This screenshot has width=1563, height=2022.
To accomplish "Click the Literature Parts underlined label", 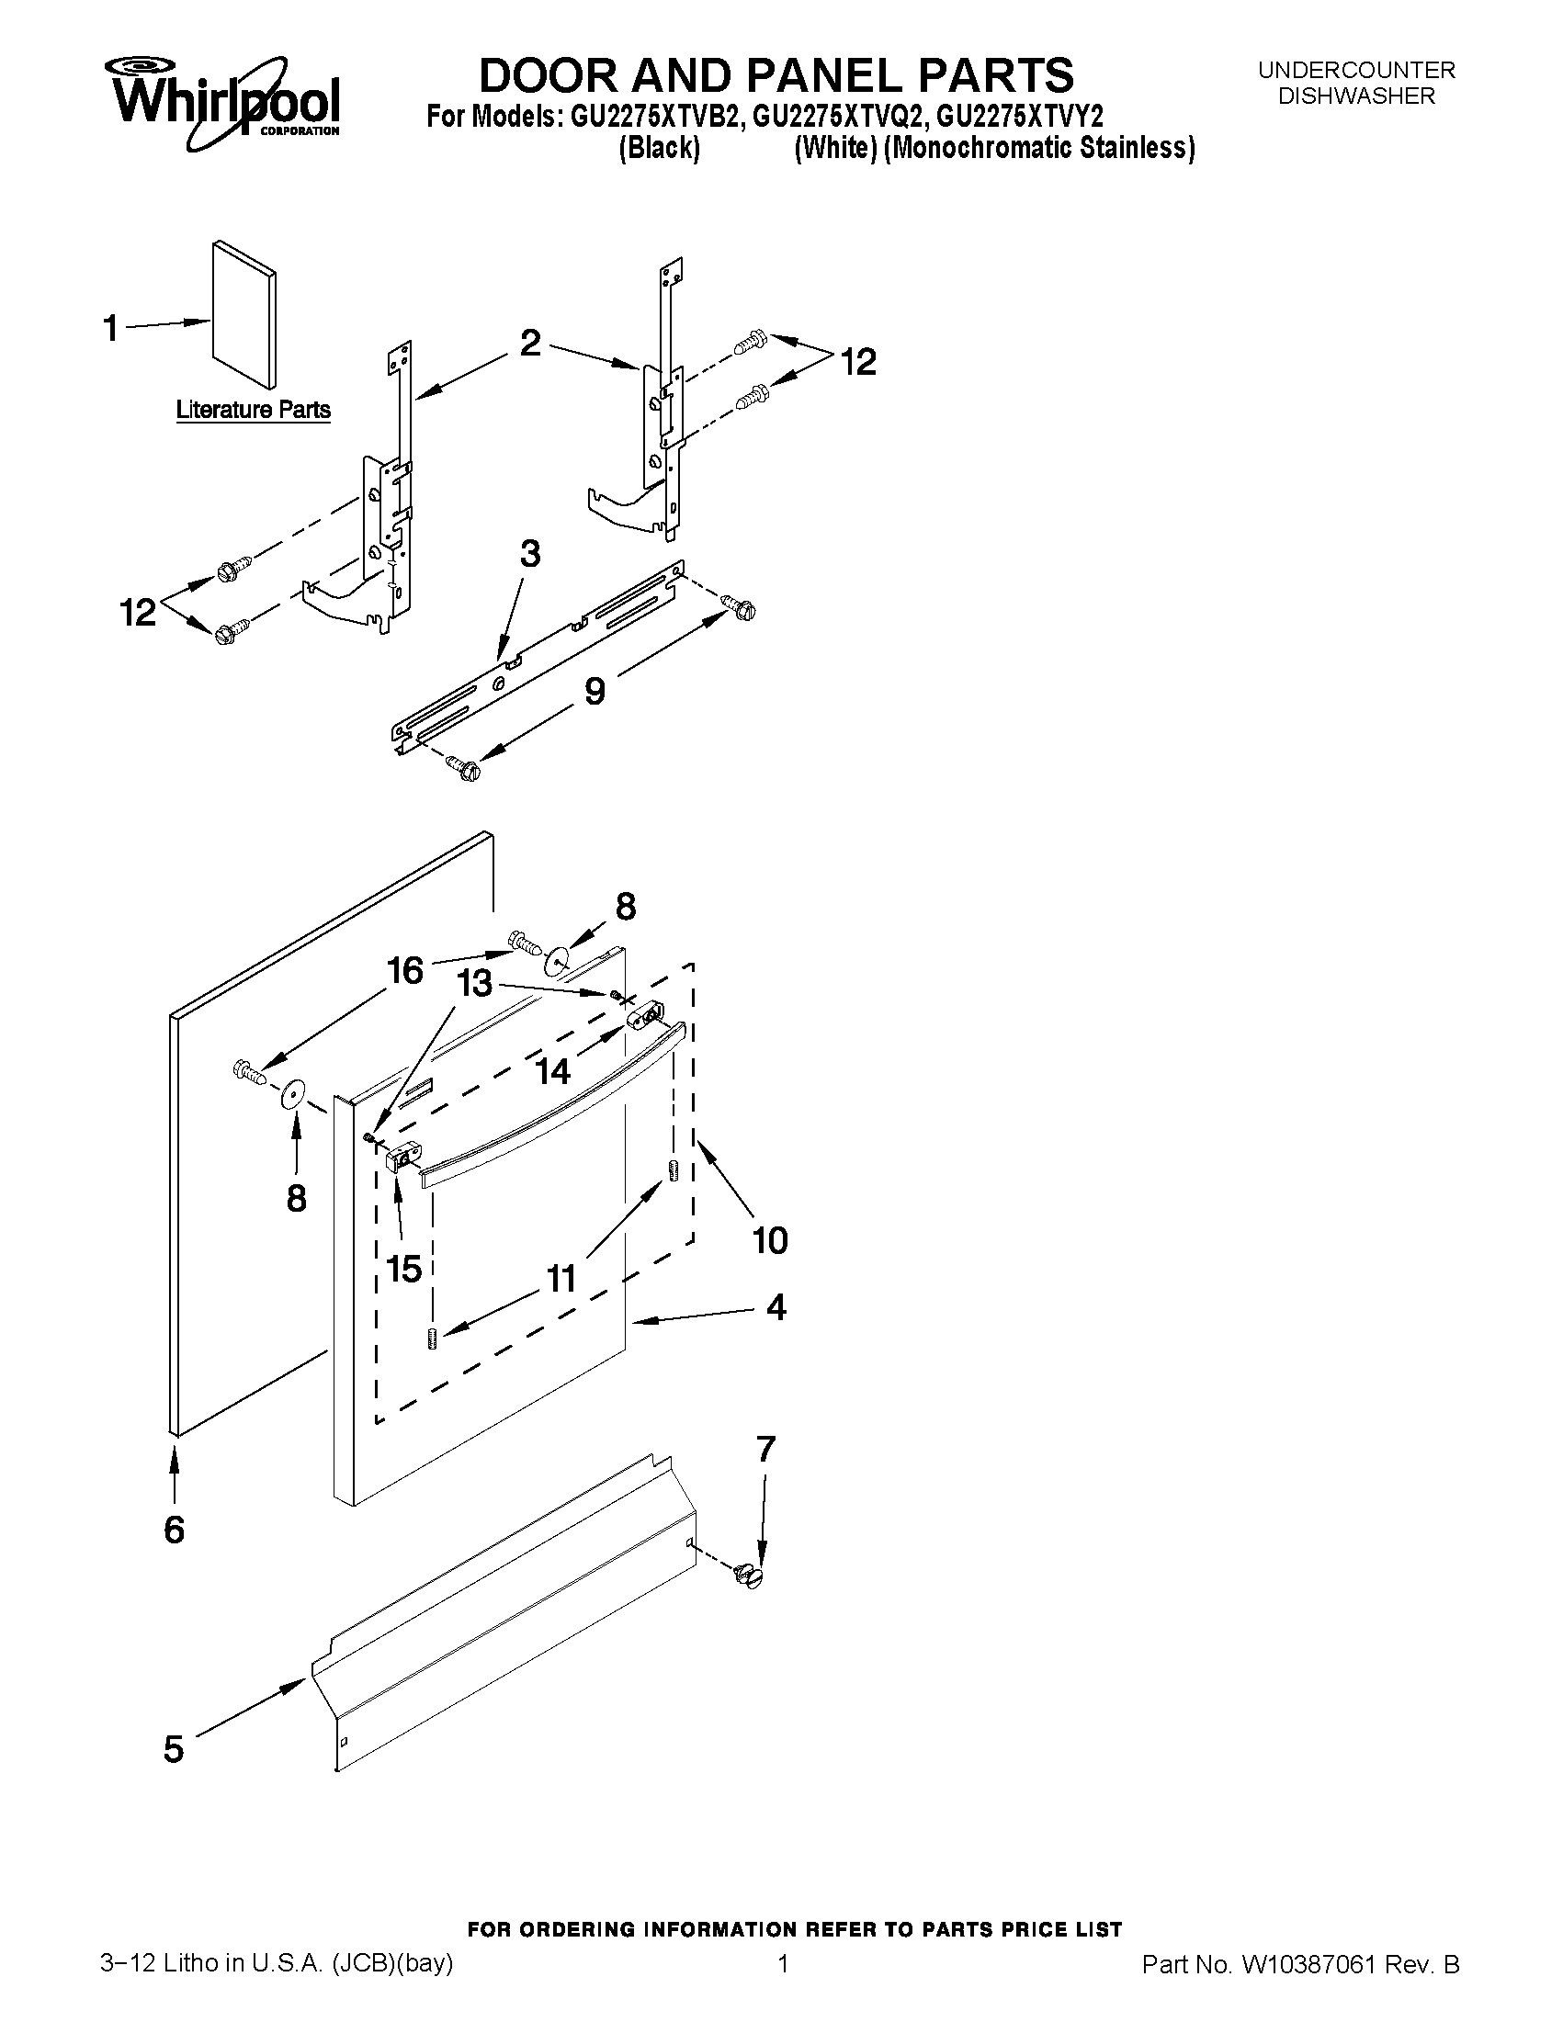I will (253, 409).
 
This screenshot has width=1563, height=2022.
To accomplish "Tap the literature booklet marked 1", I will (243, 315).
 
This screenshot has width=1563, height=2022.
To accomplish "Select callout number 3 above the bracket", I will (529, 554).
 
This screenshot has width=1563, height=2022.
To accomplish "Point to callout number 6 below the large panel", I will (174, 1529).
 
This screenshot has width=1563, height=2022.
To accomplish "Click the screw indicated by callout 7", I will (749, 1575).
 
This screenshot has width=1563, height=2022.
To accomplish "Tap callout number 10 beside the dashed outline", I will (769, 1239).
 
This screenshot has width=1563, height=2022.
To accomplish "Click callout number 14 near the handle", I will (553, 1071).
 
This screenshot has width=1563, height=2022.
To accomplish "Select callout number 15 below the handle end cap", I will (404, 1269).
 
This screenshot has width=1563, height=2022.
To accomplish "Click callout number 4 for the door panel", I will (776, 1306).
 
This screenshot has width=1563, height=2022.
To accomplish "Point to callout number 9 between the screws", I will (595, 690).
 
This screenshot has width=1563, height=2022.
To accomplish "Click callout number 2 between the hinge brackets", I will (529, 344).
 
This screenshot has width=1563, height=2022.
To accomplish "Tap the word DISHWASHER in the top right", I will (1355, 96).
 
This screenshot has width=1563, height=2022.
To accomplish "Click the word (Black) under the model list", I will (658, 148).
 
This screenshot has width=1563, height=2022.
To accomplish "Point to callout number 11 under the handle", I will (561, 1279).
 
